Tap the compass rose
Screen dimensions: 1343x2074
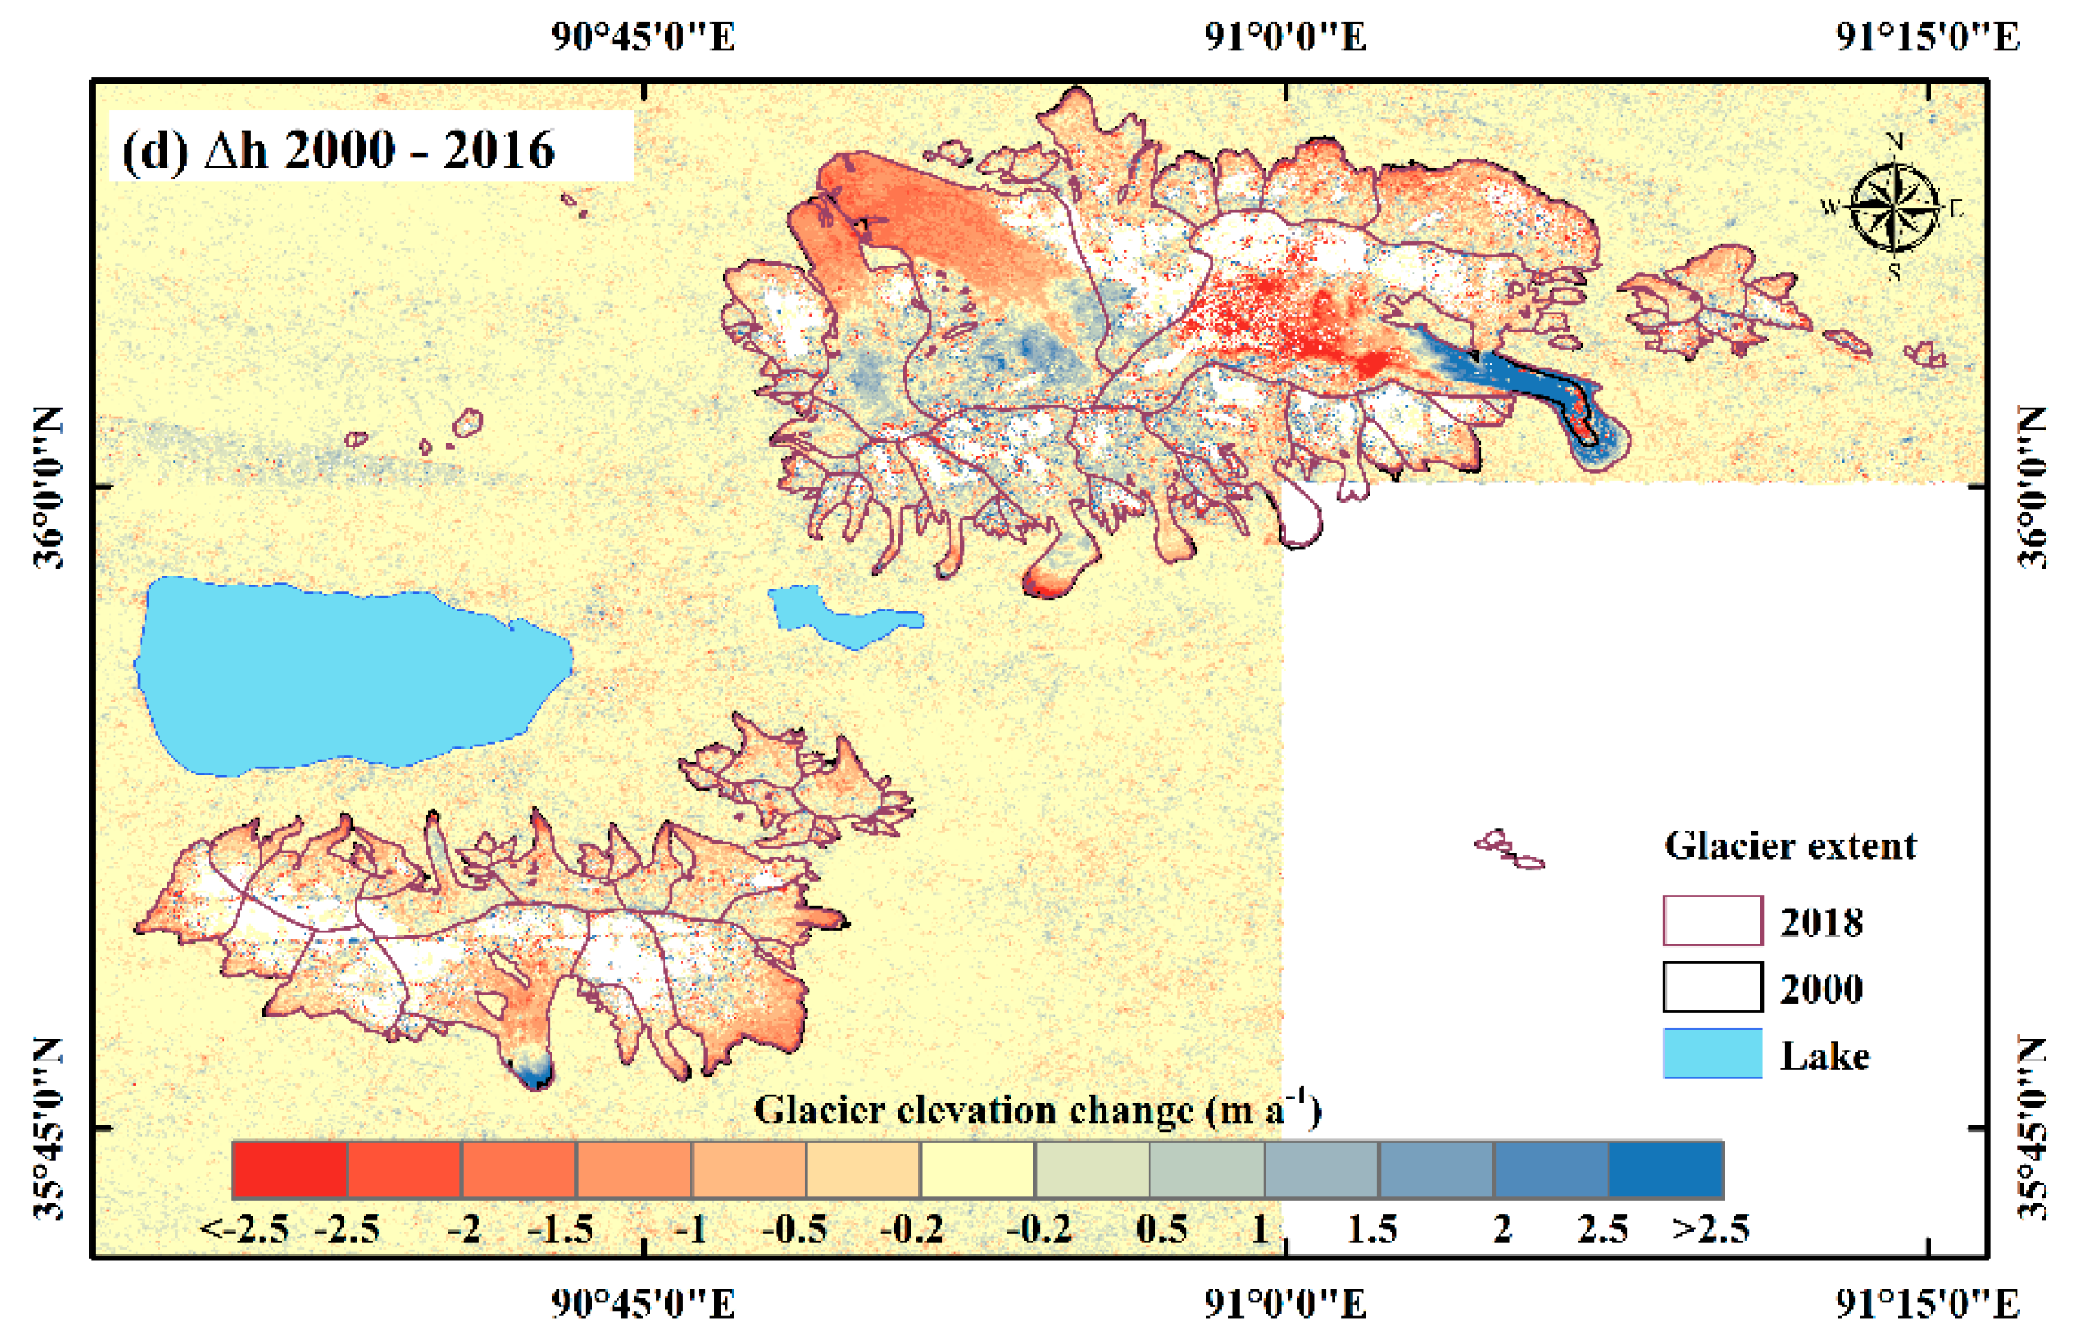pos(1894,207)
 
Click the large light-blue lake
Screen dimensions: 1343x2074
pos(349,676)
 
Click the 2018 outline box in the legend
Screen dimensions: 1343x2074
pos(1712,921)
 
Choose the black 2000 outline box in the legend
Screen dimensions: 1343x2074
pos(1712,987)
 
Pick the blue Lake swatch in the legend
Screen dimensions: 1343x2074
pos(1712,1054)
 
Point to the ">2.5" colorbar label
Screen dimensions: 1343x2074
pos(1710,1229)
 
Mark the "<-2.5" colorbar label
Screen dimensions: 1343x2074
pos(244,1229)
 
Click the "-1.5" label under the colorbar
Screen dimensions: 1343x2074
pos(561,1229)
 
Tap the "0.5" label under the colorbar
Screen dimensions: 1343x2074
pos(1161,1229)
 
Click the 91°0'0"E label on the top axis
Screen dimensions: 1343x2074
pos(1285,37)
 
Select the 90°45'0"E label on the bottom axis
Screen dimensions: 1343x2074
pos(643,1304)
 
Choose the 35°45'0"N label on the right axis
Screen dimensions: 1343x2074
pos(2033,1129)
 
